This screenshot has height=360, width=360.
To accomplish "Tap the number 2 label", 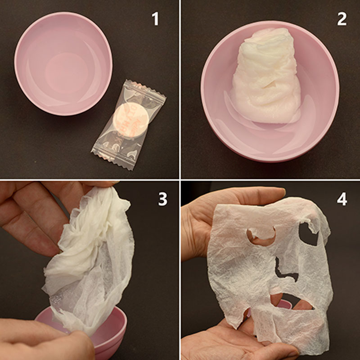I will [342, 19].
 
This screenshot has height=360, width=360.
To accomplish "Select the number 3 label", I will [163, 199].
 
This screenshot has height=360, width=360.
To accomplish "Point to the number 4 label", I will [342, 199].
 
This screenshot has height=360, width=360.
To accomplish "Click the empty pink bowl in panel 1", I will [63, 63].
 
